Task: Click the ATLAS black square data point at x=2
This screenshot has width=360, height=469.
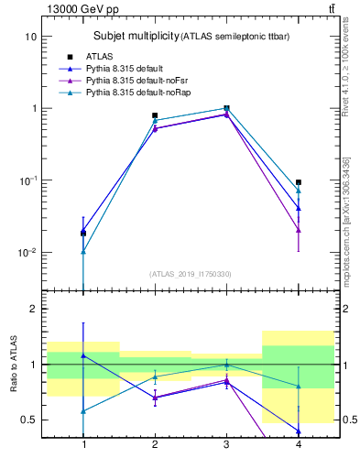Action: point(155,116)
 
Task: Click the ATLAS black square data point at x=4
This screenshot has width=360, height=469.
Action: point(299,182)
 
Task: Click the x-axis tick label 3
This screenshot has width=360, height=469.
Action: point(226,444)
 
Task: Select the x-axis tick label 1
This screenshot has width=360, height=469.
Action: point(84,444)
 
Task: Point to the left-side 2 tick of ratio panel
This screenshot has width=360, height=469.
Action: point(33,310)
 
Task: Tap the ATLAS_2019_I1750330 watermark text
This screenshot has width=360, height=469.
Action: point(191,274)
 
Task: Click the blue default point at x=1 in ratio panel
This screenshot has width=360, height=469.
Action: point(84,355)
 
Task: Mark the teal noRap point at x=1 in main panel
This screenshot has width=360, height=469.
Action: point(84,252)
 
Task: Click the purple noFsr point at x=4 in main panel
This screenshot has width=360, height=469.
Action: point(299,230)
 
